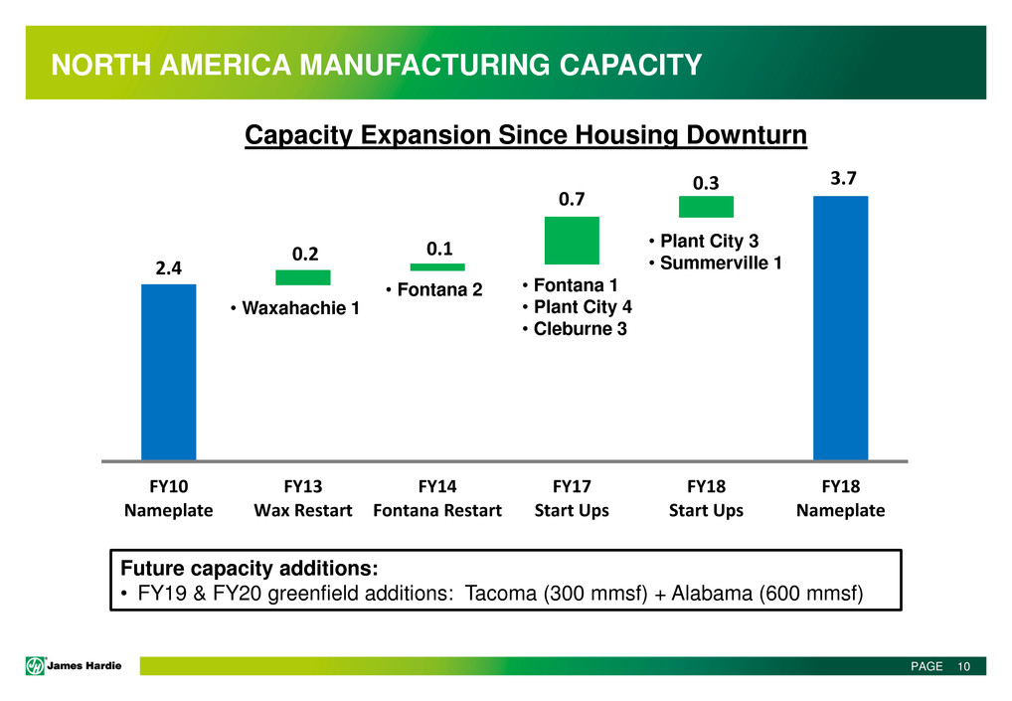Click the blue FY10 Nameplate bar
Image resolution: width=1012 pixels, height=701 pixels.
168,372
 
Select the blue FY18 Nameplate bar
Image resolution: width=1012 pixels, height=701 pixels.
840,328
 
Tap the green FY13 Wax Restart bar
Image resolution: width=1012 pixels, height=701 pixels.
302,277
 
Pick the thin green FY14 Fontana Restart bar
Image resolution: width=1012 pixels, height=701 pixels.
437,266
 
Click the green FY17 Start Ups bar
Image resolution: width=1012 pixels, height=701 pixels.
572,240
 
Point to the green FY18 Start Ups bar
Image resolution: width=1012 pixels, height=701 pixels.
706,207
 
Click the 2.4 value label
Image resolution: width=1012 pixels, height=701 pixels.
168,267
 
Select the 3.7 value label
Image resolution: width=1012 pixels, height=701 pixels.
840,178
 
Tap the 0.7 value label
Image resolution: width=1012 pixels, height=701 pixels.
571,200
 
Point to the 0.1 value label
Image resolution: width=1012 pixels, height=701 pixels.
437,248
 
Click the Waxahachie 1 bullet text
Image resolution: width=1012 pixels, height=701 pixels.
294,310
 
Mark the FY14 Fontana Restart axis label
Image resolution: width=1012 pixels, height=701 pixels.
437,498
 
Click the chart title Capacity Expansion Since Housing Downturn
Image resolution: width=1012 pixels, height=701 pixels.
525,135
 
